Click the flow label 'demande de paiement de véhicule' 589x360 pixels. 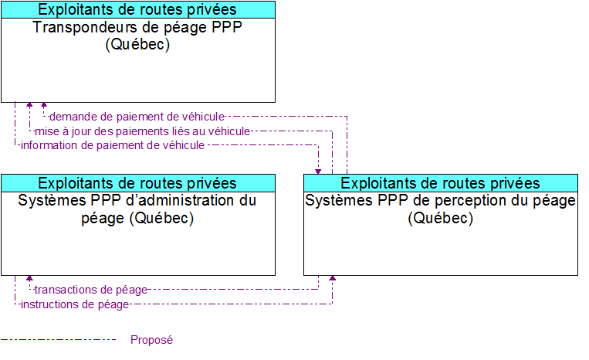coord(137,117)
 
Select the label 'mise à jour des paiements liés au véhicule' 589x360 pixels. coord(142,131)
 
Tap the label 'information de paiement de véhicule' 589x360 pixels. coord(113,145)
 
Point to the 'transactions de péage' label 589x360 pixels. coord(90,290)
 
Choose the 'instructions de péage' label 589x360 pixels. coord(75,304)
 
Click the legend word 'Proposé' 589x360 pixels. coord(152,340)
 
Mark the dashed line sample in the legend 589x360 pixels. coord(58,340)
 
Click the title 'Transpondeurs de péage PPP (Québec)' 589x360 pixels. coord(138,36)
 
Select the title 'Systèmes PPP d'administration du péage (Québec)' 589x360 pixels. coord(137,209)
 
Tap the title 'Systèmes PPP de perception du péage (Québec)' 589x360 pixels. coord(440,209)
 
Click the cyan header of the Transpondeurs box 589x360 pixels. coord(138,9)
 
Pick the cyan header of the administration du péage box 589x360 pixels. coord(138,183)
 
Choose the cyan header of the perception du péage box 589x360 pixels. coord(441,183)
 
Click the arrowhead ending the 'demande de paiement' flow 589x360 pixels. coord(44,105)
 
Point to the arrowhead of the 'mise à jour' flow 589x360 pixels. coord(29,105)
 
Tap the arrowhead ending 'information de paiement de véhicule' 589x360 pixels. coord(318,172)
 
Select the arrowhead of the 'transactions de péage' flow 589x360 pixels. coord(29,278)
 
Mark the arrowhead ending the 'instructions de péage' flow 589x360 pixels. coord(333,278)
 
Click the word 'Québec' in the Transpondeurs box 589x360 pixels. coord(137,44)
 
